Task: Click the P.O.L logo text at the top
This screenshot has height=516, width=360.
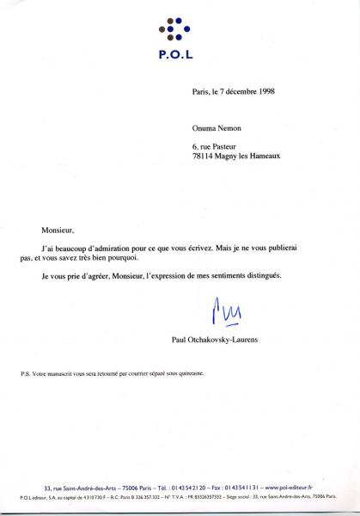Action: [x=174, y=53]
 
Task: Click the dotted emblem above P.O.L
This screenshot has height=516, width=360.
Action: [x=174, y=29]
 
